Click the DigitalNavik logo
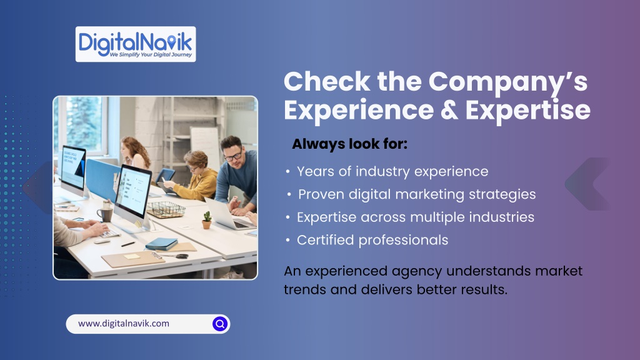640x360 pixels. (136, 44)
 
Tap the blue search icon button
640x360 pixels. (220, 324)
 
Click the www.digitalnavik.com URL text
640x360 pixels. (124, 324)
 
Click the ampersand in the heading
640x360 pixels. (449, 110)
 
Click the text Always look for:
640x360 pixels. (350, 144)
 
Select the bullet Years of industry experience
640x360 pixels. (392, 171)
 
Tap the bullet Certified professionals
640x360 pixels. (372, 240)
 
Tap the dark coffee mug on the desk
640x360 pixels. (105, 214)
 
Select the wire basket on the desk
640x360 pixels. (166, 209)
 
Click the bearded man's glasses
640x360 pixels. (233, 156)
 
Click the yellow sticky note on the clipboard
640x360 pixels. (132, 256)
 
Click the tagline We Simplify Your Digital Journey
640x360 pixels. (151, 55)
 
